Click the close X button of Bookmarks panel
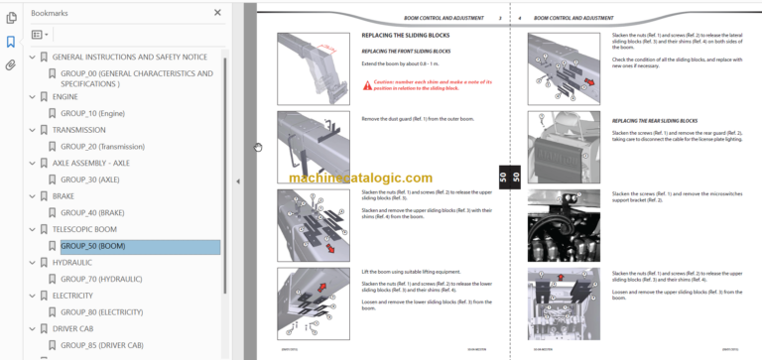tap(218, 13)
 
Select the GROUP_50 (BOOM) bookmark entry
tap(92, 247)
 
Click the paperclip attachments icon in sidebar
tap(11, 65)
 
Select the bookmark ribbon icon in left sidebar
tap(11, 42)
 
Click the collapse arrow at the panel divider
tap(237, 181)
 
